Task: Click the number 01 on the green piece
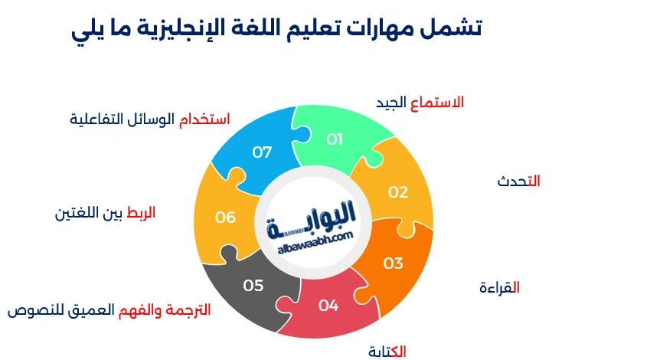335,139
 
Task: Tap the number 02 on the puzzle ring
398,192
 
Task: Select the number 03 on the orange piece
393,263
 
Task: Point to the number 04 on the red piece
328,306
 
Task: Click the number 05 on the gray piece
253,286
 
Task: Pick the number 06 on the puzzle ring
225,218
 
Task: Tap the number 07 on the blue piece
262,152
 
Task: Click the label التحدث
518,182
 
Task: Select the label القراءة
499,287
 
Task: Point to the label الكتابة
387,352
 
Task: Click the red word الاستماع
437,103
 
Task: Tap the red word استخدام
204,119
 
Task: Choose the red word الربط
141,213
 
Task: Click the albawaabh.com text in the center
315,244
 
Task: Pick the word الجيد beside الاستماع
391,103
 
